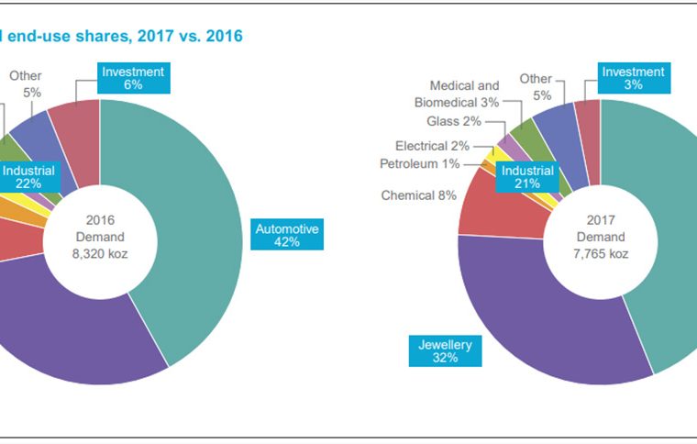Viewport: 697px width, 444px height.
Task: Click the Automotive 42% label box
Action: click(288, 236)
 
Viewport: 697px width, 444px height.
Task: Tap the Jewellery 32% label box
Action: click(445, 351)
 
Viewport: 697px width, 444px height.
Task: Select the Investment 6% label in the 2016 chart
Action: click(133, 78)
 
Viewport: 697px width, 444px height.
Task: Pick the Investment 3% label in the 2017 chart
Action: click(633, 78)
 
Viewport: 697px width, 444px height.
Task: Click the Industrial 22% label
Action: click(28, 178)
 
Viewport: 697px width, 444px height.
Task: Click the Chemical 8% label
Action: click(419, 195)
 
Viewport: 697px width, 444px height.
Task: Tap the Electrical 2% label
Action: click(432, 146)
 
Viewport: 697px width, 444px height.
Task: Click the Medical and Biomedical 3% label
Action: click(457, 94)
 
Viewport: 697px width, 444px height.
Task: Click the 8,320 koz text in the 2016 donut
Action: click(101, 254)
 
